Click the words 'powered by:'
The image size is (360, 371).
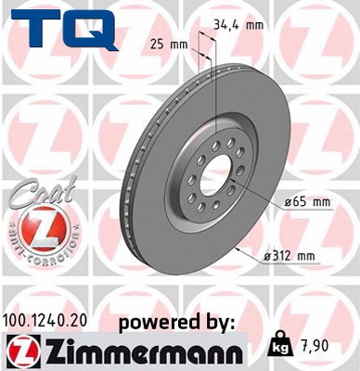tap(177, 321)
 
